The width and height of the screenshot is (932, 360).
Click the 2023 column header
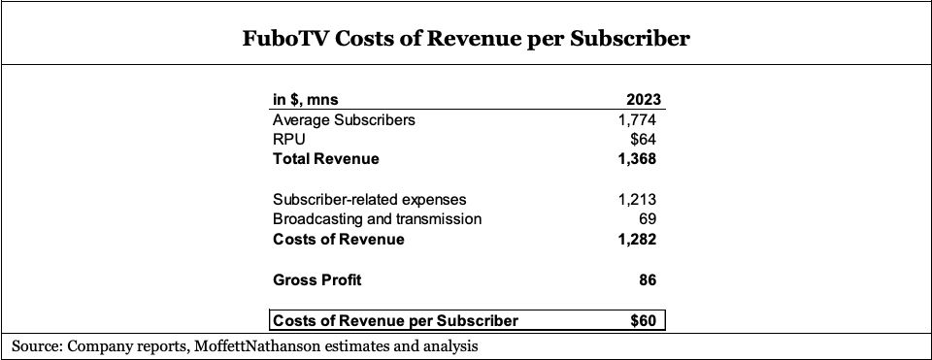[x=644, y=99]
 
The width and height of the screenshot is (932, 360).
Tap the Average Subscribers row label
[x=344, y=120]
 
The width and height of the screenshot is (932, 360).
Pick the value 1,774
[x=639, y=120]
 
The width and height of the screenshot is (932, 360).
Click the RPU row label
[x=289, y=140]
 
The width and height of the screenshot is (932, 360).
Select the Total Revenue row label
[x=326, y=159]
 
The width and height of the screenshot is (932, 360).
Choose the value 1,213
[x=639, y=200]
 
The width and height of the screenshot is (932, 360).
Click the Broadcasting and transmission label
[x=378, y=219]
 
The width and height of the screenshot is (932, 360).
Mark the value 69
[x=650, y=219]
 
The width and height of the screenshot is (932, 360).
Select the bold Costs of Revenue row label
[x=339, y=239]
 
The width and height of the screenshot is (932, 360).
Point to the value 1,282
[x=639, y=239]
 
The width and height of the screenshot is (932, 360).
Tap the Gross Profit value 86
[x=649, y=280]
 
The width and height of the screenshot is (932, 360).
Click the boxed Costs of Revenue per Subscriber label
[x=396, y=320]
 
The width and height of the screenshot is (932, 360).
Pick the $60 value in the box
[x=646, y=320]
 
